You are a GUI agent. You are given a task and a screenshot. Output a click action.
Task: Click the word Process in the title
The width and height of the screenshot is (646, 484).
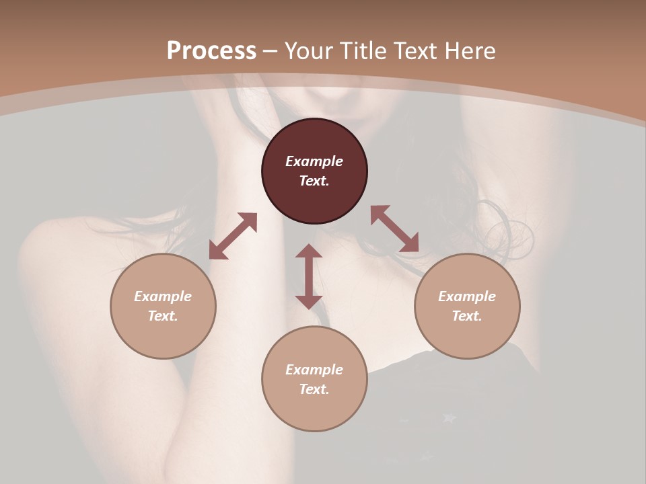point(211,51)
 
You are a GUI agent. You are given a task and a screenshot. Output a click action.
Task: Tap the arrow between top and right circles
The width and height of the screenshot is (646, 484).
point(394,229)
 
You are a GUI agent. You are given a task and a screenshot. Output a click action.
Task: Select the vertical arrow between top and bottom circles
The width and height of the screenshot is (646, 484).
point(309,276)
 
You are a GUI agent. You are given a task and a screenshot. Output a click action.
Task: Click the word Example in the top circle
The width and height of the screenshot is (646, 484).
point(314,161)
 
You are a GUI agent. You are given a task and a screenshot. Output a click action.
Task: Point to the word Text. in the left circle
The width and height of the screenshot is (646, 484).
point(163,316)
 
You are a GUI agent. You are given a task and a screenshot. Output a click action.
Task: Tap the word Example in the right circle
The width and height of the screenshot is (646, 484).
point(467,296)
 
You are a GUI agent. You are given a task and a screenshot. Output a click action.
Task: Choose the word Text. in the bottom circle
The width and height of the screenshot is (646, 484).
point(314,389)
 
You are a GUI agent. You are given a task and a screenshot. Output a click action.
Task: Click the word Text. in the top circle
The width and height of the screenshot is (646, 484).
point(314,181)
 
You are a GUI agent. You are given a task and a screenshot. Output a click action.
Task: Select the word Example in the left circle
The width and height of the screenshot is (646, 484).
point(163,296)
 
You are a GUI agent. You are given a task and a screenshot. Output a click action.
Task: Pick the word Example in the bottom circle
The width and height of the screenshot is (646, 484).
point(314,370)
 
